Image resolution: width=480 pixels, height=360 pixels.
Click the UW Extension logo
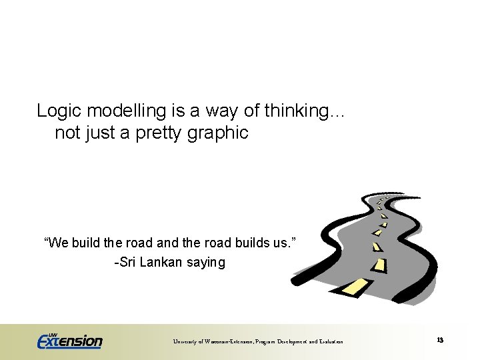pos(69,339)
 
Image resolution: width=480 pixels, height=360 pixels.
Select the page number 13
pos(440,340)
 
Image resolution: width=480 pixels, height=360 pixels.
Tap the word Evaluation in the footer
pos(329,342)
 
